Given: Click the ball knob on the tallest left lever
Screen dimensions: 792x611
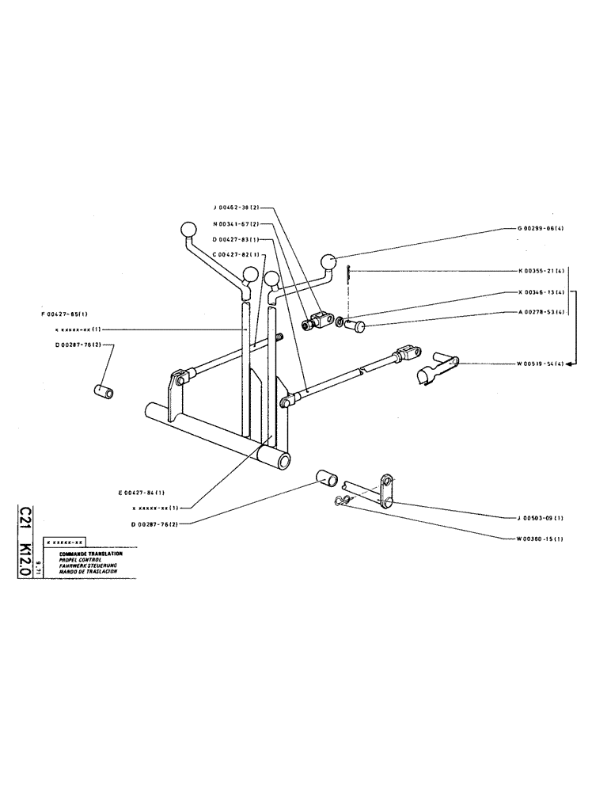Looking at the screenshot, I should tap(188, 230).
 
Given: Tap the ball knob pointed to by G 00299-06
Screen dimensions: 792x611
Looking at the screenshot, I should tap(328, 261).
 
